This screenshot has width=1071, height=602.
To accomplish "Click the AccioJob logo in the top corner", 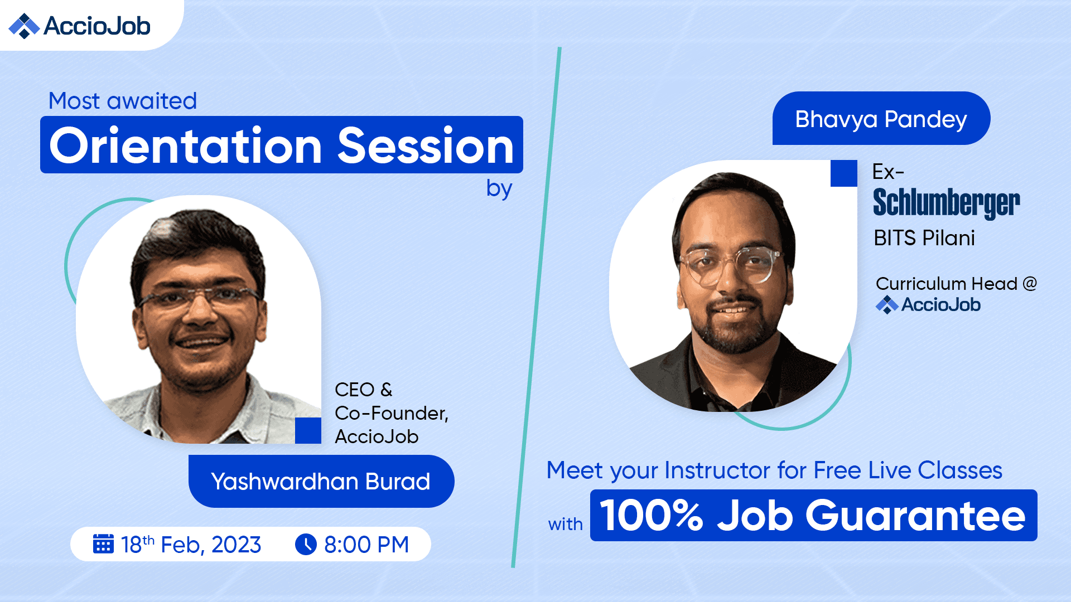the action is (79, 26).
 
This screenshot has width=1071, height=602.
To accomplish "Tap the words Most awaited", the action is (123, 101).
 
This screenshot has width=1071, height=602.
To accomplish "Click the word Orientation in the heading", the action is (186, 145).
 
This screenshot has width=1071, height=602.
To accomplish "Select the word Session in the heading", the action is (426, 145).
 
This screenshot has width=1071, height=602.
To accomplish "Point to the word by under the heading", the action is (499, 189).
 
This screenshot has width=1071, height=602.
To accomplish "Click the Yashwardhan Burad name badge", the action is (321, 481).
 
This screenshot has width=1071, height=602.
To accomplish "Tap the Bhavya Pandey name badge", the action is (881, 119).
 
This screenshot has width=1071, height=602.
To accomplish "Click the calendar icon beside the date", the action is (103, 544).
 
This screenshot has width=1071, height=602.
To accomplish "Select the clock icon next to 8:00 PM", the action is (306, 544).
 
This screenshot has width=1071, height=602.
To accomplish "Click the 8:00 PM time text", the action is (366, 545).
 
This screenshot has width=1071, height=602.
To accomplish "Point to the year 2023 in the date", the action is (236, 545).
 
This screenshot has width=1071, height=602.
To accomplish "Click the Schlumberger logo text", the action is (947, 203).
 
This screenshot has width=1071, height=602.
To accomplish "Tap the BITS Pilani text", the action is (924, 238).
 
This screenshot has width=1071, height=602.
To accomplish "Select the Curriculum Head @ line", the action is (956, 284).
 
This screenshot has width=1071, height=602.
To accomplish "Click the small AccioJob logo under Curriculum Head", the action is (928, 304).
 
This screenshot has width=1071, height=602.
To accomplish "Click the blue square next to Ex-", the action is (844, 173).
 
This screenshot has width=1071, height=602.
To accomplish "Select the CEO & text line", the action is (364, 390).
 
